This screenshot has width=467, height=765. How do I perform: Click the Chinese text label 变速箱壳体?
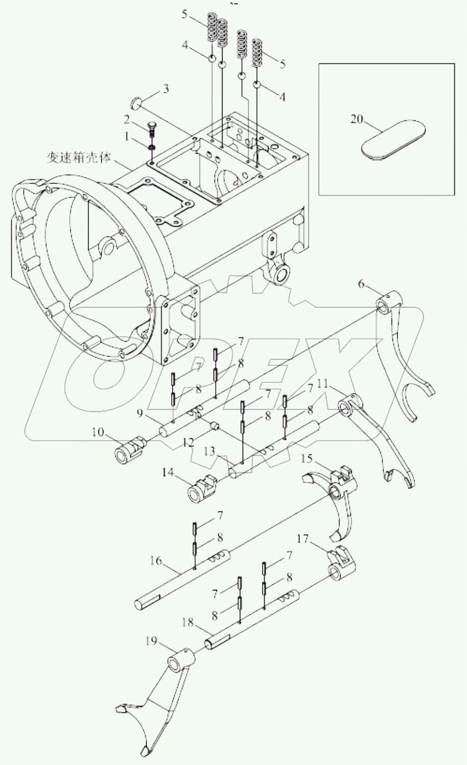point(79,158)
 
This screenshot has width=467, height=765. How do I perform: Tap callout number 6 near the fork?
point(361,284)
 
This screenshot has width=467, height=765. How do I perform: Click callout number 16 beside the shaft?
point(155,561)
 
